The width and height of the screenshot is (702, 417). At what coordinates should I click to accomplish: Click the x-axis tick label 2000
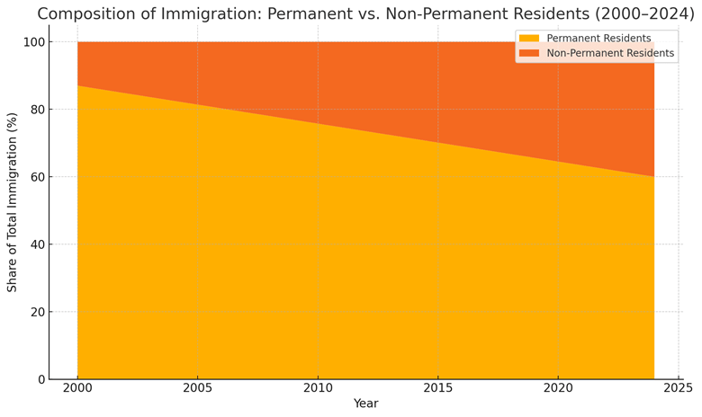(x=77, y=388)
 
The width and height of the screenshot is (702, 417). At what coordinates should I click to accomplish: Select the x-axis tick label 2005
(x=197, y=388)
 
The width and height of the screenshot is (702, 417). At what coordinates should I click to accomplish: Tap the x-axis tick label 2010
(x=318, y=388)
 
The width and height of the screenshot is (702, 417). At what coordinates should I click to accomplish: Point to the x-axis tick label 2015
(x=437, y=388)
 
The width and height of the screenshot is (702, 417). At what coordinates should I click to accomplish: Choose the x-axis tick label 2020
(x=558, y=388)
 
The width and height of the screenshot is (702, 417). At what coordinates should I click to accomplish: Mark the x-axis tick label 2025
(x=678, y=388)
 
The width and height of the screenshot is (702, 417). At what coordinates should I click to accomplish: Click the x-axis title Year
(x=365, y=404)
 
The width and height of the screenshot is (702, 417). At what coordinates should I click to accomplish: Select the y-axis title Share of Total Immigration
(x=12, y=202)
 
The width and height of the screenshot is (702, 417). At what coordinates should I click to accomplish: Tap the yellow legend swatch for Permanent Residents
(x=529, y=39)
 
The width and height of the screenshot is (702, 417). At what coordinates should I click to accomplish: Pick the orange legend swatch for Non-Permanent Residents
(x=529, y=53)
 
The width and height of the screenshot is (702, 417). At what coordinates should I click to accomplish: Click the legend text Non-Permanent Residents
(x=610, y=53)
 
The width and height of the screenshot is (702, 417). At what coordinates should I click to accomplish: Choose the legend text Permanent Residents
(x=598, y=39)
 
